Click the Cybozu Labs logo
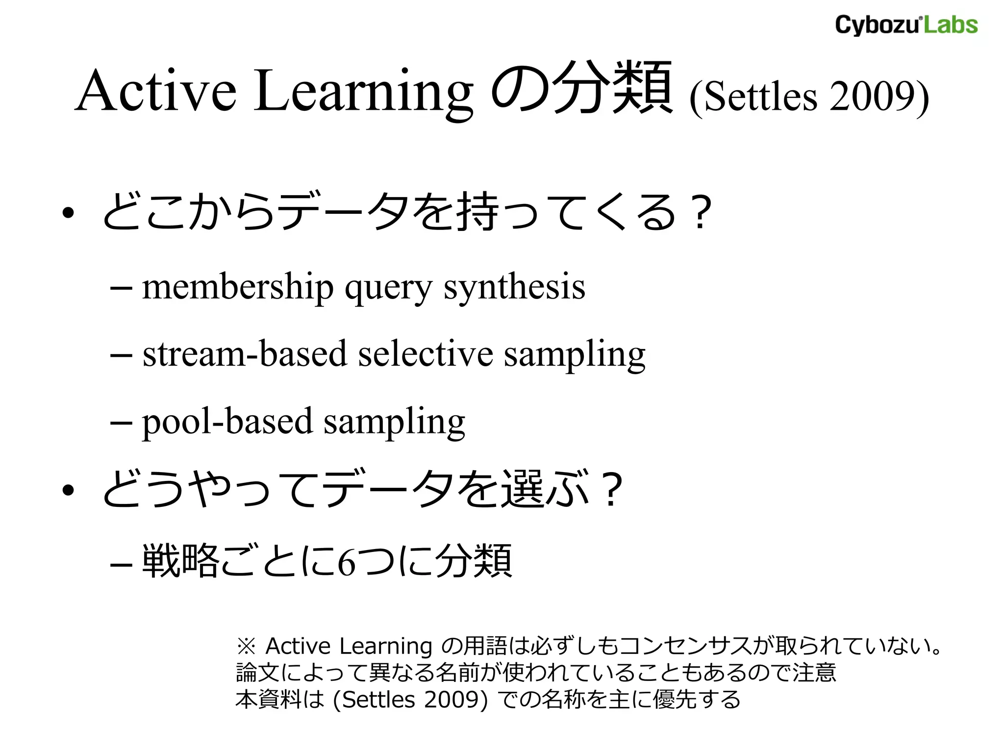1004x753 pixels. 906,25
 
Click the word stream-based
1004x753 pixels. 245,354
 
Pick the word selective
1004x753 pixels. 425,354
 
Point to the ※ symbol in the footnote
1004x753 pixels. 246,647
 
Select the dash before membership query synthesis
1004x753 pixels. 121,288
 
